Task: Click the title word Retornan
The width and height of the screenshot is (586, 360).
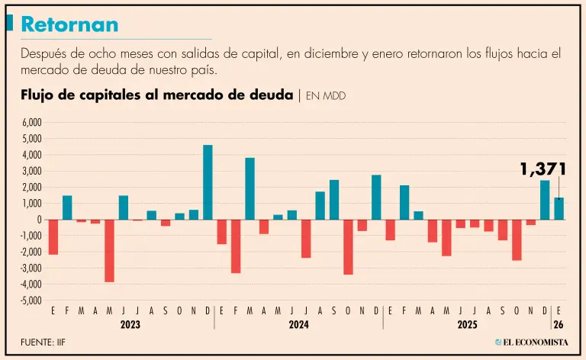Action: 69,24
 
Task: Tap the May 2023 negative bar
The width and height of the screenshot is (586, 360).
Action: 109,251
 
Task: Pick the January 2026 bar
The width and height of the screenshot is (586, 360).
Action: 559,208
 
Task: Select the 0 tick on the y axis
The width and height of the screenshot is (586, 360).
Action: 39,220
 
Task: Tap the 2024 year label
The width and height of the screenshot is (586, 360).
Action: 298,324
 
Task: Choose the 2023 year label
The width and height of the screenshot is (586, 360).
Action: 130,324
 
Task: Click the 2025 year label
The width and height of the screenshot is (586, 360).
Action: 467,324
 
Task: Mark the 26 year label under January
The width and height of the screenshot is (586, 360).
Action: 559,324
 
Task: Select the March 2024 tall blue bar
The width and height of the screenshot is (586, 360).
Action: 250,188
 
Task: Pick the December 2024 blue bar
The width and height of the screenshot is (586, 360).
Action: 376,198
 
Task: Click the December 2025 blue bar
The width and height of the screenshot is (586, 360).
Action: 545,200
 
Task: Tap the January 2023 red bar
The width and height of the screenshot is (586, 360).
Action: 53,237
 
